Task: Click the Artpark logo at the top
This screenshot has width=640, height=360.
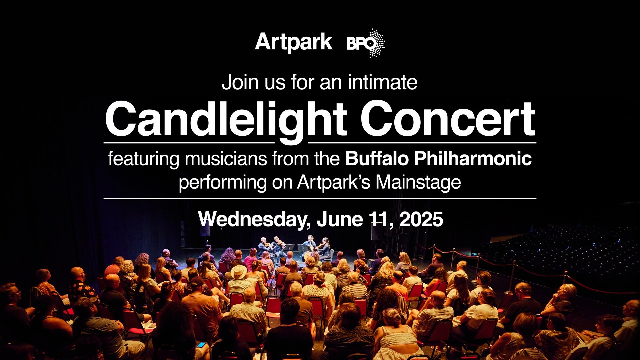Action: [x=294, y=43]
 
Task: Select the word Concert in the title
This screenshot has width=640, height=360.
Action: [x=448, y=119]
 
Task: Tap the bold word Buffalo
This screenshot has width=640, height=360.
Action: [x=377, y=158]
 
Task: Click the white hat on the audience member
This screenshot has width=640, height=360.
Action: [x=239, y=272]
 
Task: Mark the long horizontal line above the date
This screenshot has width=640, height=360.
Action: [x=320, y=198]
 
